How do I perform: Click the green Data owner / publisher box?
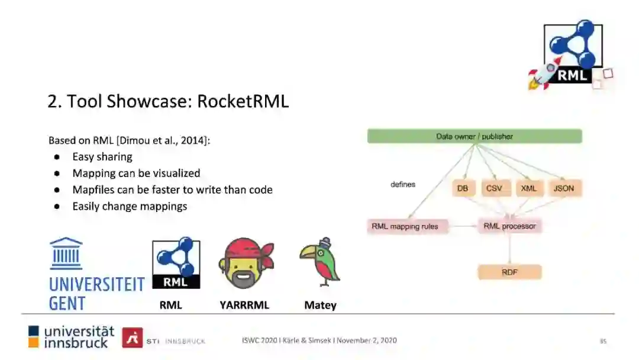click(x=475, y=136)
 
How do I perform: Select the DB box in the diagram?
click(x=463, y=188)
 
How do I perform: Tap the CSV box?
click(x=494, y=188)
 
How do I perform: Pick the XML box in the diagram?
click(x=528, y=188)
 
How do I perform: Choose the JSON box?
click(x=563, y=188)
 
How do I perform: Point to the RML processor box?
click(x=509, y=226)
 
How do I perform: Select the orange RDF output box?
click(x=509, y=272)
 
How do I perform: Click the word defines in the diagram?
click(x=403, y=184)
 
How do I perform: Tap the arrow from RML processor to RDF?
click(x=509, y=249)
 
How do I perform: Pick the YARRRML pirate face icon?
click(x=244, y=263)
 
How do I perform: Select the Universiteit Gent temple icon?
click(x=66, y=253)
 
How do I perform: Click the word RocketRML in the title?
click(x=243, y=101)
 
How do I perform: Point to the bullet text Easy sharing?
click(x=102, y=157)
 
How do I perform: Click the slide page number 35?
click(x=603, y=340)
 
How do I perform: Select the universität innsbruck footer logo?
click(x=71, y=336)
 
